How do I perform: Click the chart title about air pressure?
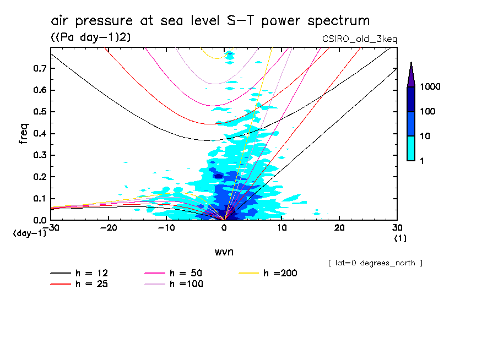[210, 21]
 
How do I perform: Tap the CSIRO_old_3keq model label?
[359, 39]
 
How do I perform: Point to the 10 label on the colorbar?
[427, 135]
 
